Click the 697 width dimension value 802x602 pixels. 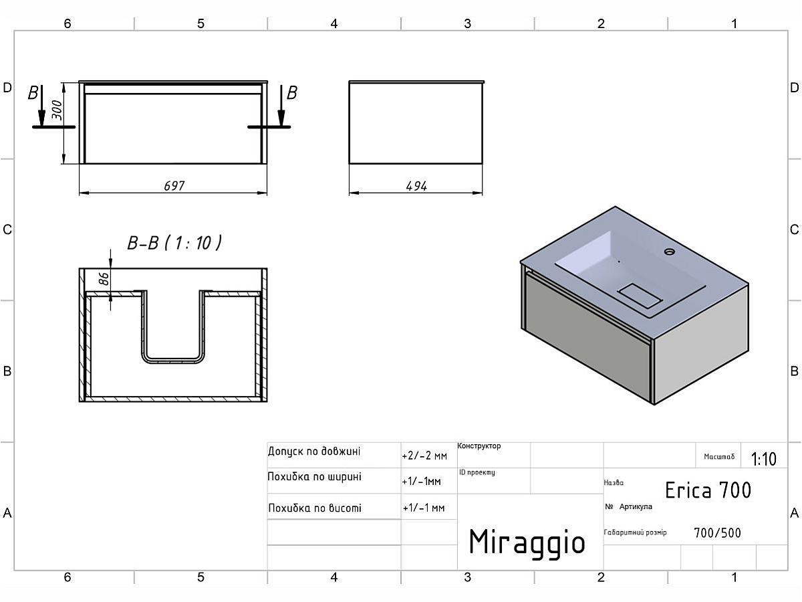[x=174, y=186]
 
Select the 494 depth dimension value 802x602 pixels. [x=416, y=186]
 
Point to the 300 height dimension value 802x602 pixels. [x=57, y=110]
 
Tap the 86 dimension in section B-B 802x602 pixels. [x=104, y=278]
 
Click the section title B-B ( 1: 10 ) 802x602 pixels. [x=174, y=242]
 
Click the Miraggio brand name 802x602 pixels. [x=527, y=542]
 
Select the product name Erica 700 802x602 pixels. [x=708, y=490]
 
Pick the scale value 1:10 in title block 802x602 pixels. [x=763, y=459]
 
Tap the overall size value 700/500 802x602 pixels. [x=717, y=533]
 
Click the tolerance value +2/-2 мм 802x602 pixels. [x=424, y=456]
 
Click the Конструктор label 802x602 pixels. [x=479, y=446]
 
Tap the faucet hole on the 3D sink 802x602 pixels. [x=669, y=252]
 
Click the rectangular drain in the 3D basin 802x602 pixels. [x=638, y=294]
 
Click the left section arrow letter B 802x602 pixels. [x=33, y=93]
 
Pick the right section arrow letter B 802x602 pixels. [x=291, y=93]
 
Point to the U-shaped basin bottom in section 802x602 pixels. [x=173, y=359]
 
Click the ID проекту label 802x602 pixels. [x=477, y=472]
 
